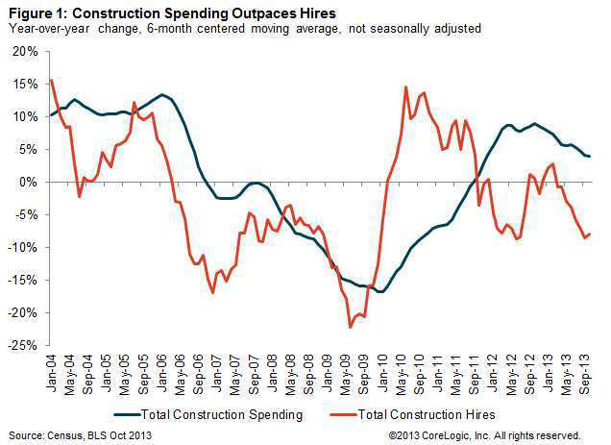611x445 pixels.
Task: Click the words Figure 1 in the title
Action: [x=36, y=12]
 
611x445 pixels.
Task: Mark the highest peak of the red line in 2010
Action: [x=406, y=87]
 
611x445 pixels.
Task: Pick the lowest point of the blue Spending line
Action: [x=381, y=291]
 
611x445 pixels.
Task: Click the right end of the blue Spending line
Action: [x=590, y=157]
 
